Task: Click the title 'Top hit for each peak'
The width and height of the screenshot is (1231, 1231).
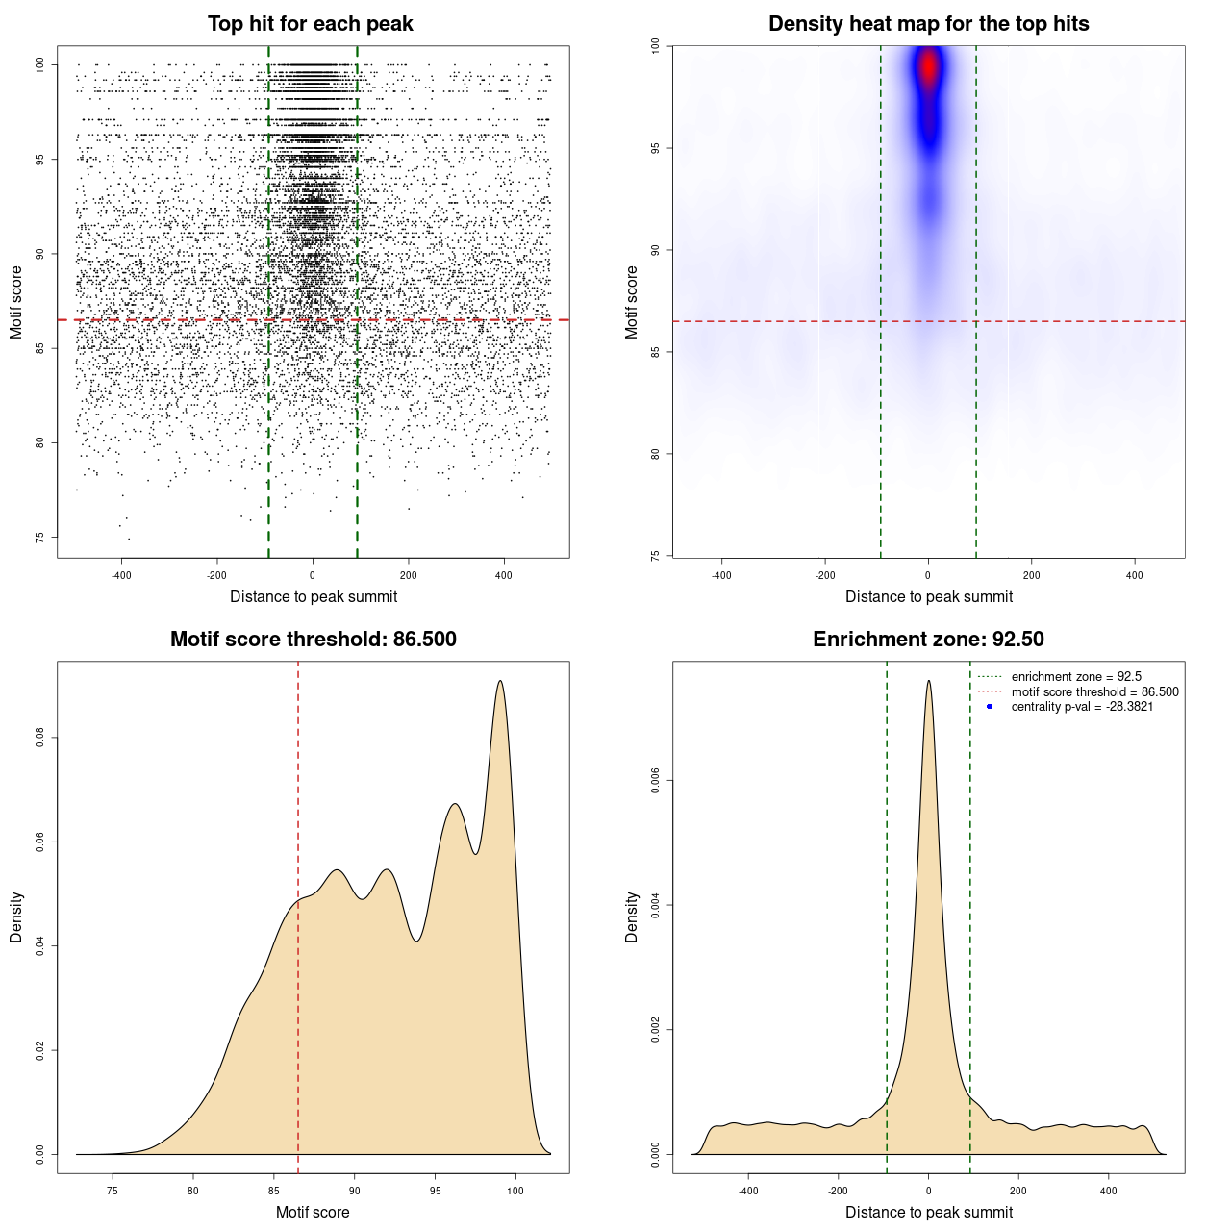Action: [310, 24]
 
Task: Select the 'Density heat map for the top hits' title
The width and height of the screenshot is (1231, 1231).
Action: [928, 24]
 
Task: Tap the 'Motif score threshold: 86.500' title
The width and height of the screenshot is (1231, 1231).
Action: [313, 640]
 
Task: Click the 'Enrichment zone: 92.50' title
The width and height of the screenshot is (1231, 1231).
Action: [928, 640]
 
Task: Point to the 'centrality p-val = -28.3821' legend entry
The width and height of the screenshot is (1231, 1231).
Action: [1082, 707]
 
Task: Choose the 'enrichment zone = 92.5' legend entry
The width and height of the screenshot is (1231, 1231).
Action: [1076, 677]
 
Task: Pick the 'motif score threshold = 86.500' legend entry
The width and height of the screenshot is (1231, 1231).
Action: [1094, 692]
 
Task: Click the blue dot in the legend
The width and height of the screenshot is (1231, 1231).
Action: [990, 707]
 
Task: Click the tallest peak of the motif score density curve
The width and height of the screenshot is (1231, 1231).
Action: [500, 681]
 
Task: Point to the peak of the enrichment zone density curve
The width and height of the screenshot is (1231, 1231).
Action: [928, 681]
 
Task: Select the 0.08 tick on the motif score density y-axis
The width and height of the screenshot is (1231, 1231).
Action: [39, 738]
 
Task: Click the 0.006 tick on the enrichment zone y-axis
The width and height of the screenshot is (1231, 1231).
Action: [655, 781]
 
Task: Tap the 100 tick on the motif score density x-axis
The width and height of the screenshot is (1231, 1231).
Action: [515, 1191]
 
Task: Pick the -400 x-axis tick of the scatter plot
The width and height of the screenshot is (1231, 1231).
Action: [121, 575]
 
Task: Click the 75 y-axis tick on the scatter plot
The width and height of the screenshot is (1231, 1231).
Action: [39, 537]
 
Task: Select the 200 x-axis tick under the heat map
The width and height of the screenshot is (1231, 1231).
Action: [1031, 575]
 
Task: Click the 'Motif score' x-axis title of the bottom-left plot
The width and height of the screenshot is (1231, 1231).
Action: [313, 1212]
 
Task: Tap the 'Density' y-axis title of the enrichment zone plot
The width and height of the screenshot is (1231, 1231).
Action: [632, 917]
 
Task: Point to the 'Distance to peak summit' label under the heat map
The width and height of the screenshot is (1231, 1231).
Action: [928, 596]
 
